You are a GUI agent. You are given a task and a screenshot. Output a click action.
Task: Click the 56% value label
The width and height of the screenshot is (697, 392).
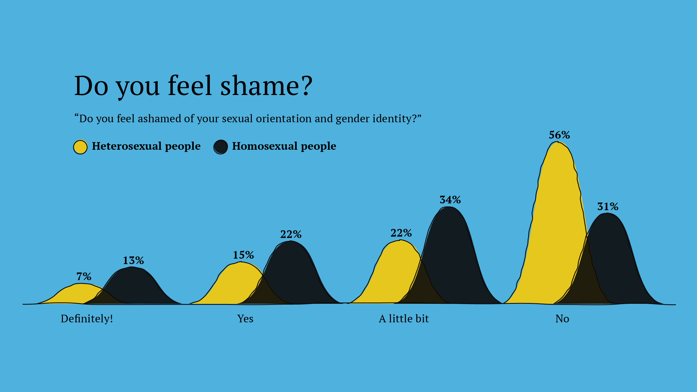[559, 135]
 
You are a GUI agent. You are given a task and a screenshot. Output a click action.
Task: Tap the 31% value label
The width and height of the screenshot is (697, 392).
[608, 207]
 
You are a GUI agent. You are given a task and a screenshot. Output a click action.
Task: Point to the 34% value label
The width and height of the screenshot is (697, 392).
[450, 200]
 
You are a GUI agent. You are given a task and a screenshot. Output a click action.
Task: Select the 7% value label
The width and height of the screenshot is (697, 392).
[84, 277]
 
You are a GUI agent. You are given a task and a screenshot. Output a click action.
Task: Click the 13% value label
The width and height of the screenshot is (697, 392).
[133, 261]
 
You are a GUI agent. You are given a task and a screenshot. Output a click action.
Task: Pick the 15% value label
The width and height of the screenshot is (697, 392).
[243, 255]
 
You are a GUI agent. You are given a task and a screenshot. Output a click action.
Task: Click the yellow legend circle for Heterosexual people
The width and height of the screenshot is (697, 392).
[80, 147]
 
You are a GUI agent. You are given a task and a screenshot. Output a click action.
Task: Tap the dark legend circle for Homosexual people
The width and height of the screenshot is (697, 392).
[221, 147]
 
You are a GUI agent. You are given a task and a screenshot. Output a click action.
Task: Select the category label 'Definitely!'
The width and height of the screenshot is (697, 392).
[87, 318]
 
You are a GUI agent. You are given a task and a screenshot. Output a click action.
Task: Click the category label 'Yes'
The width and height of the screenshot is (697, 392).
[245, 318]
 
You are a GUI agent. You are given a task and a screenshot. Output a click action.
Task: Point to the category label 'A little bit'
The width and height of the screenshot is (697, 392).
[403, 318]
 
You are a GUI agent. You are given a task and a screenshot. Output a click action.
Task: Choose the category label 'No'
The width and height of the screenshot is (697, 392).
[562, 318]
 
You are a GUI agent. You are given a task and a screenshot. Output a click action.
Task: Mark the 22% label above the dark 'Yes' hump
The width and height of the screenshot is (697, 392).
[291, 234]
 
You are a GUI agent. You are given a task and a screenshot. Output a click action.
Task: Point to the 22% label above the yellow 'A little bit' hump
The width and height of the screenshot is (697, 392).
[401, 233]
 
